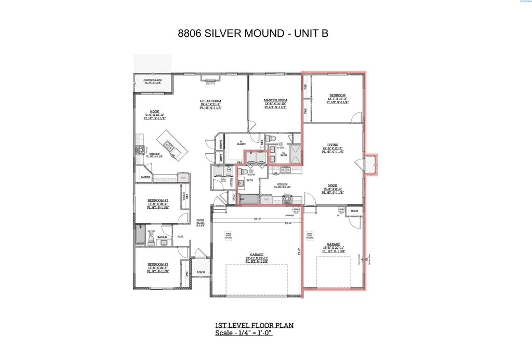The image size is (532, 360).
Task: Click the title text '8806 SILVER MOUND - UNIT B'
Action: (x=253, y=34)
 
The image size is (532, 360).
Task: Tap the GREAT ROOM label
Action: (x=211, y=101)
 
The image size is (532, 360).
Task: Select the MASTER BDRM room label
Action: (x=275, y=100)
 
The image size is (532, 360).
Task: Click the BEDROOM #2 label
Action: (x=157, y=201)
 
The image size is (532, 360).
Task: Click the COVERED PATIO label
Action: (x=152, y=80)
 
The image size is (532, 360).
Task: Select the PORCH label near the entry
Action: (x=201, y=272)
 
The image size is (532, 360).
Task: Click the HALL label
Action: (x=180, y=236)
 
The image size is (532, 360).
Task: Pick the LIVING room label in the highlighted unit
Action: (x=332, y=145)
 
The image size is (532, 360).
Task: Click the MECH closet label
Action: (x=354, y=211)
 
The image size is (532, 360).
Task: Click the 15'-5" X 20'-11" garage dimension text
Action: (x=333, y=247)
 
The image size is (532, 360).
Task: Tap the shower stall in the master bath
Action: (x=296, y=154)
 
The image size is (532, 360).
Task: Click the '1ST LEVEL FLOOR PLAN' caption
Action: (x=255, y=325)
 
